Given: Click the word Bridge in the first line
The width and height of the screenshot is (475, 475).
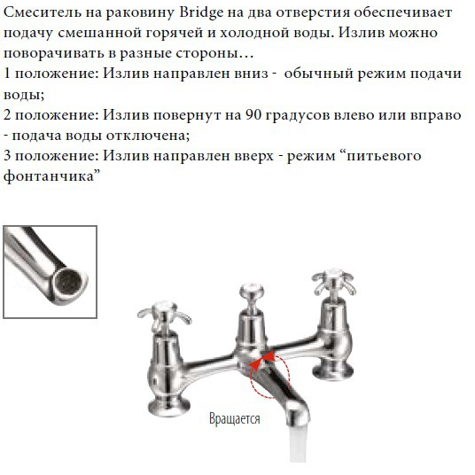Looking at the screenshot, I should click(x=206, y=12).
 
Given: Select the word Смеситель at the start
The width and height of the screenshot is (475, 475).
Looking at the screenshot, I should click(x=41, y=12).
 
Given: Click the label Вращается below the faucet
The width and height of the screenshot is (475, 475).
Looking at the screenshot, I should click(x=235, y=418).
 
